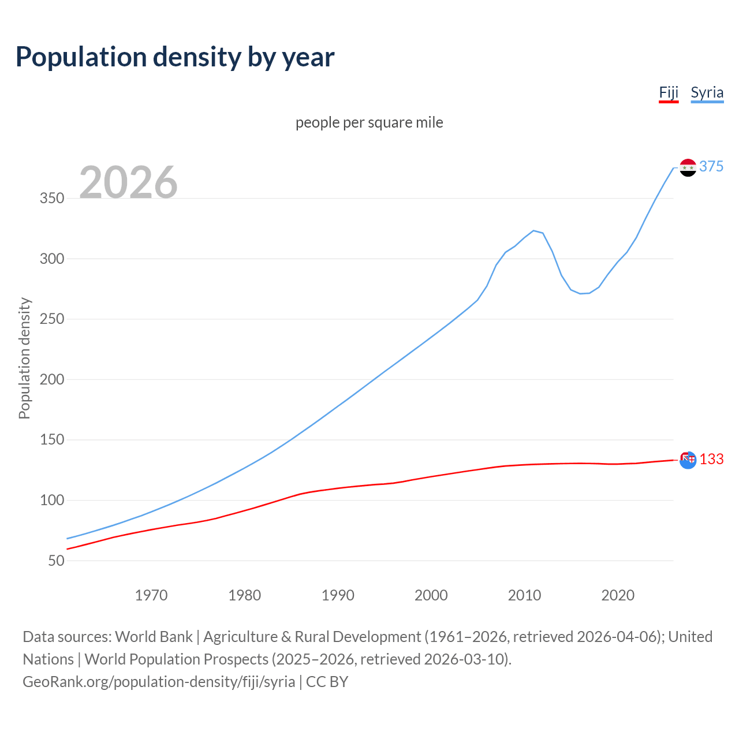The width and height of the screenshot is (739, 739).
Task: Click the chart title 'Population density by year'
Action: point(175,57)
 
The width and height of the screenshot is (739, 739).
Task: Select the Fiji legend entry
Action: point(669,93)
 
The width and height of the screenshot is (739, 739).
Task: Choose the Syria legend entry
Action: point(707,93)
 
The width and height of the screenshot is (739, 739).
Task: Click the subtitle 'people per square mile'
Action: point(369,122)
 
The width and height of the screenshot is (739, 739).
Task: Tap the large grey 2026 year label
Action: point(128,182)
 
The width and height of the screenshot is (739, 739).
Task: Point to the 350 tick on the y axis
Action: point(52,199)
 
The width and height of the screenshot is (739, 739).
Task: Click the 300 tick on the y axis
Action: point(52,259)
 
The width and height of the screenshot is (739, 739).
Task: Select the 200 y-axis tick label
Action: point(52,380)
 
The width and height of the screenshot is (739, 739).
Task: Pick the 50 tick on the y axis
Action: point(56,561)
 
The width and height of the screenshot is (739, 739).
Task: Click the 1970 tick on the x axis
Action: point(151,595)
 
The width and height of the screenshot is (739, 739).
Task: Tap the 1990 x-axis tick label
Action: point(338,595)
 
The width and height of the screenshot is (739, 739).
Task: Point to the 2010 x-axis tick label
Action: point(524,595)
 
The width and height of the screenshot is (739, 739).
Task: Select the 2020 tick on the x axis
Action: point(618,595)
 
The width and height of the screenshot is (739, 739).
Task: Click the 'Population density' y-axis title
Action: point(24,358)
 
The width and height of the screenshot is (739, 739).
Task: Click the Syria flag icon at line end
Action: point(688,167)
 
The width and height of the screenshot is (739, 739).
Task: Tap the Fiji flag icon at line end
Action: point(688,460)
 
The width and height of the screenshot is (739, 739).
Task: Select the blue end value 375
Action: point(711,167)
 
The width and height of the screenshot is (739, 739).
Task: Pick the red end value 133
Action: point(711,460)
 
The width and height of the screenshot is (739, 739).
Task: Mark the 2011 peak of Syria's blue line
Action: point(533,230)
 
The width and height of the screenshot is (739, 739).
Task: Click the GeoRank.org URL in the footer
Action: point(159,682)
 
